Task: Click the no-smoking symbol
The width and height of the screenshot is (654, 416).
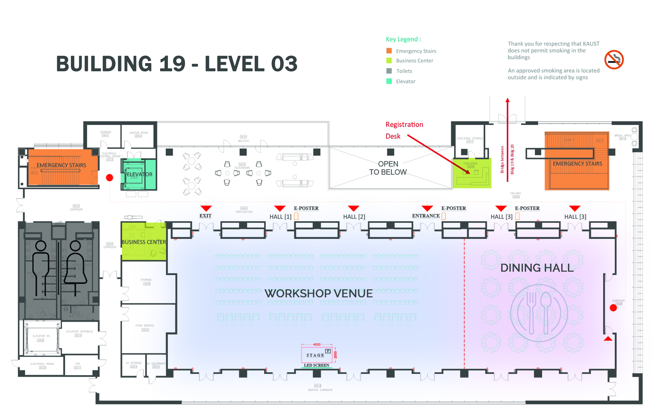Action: pos(614,60)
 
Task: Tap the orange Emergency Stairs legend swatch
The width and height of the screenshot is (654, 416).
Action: pos(389,51)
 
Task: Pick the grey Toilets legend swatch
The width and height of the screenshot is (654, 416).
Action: pos(389,71)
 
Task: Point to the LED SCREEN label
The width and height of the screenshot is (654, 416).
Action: pos(316,365)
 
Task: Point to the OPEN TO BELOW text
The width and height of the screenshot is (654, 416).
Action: pos(388,168)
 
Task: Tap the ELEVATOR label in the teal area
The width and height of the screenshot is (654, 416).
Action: pos(140,174)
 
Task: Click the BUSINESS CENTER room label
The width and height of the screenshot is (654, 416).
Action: pos(144,242)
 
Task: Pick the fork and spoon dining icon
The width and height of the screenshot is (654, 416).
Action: pos(539,313)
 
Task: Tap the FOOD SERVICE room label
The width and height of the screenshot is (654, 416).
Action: pos(145,325)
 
